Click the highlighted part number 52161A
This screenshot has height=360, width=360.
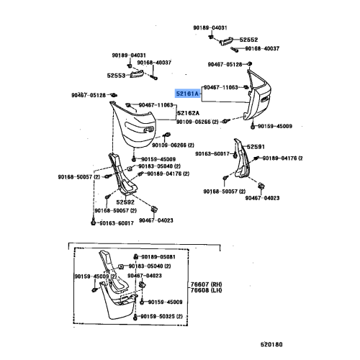(x=188, y=94)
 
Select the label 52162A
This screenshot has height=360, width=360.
(x=189, y=113)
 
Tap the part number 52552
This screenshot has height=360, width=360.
(x=248, y=40)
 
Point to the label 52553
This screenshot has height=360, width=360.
(x=116, y=76)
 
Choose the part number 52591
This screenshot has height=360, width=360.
(x=256, y=147)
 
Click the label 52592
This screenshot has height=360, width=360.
(x=125, y=202)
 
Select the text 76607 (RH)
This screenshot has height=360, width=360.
(x=206, y=284)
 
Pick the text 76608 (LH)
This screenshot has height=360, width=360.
(x=206, y=290)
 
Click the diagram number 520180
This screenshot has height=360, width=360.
(x=271, y=344)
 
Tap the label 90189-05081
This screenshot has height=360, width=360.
(x=158, y=257)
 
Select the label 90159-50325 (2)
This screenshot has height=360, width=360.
(x=161, y=317)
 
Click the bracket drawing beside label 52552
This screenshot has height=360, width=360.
(x=225, y=41)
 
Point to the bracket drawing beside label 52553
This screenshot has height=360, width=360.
(x=137, y=74)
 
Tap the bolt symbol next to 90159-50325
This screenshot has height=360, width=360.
(x=135, y=317)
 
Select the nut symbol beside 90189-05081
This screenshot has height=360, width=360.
(x=135, y=257)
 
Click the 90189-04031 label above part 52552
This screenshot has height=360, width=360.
(x=210, y=27)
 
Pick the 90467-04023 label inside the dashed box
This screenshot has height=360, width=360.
(x=145, y=276)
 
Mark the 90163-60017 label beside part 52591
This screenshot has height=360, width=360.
(x=212, y=153)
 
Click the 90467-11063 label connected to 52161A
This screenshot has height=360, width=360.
(x=221, y=87)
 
